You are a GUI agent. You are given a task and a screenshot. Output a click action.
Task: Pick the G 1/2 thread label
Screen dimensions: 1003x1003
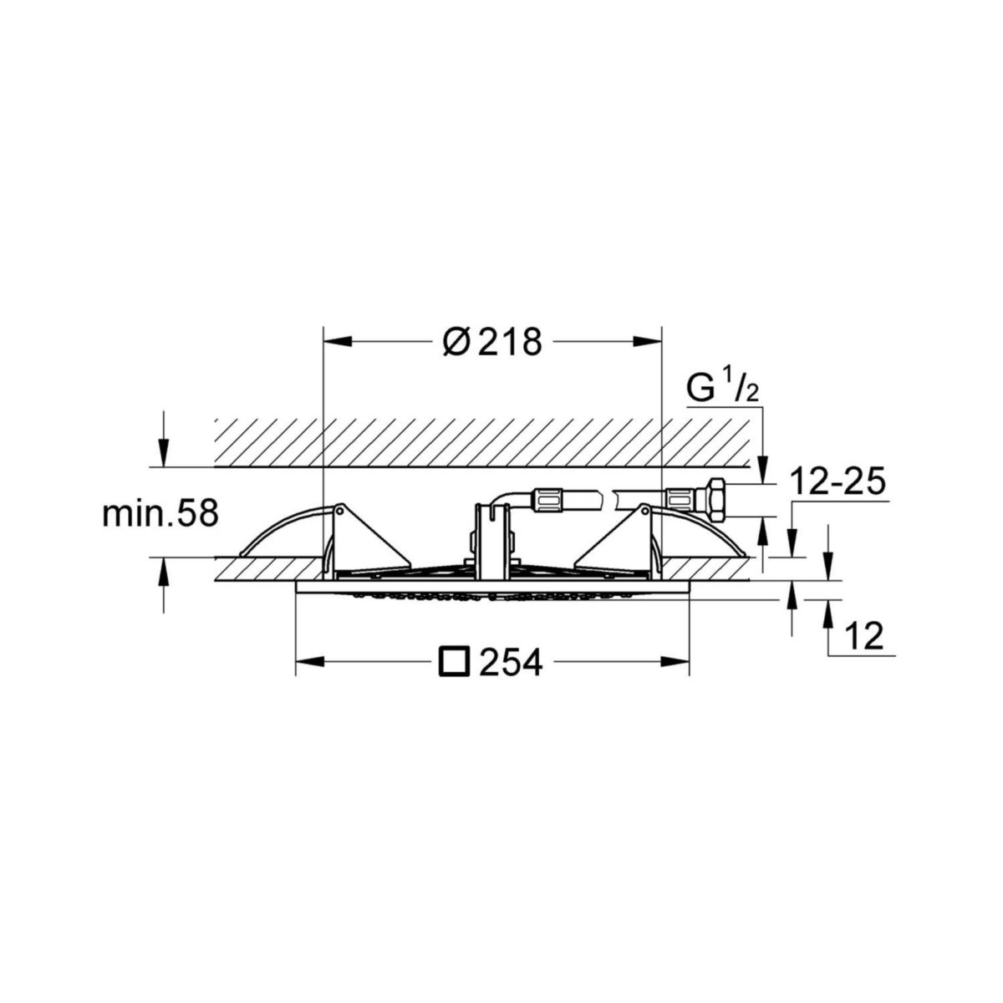click(x=722, y=389)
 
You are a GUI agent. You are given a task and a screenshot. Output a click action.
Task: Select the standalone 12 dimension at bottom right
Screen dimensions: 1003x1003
click(x=864, y=639)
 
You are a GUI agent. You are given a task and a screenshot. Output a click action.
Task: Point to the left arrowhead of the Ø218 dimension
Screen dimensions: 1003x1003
click(x=335, y=341)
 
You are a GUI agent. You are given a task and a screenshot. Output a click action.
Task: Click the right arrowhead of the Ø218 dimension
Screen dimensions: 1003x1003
click(x=649, y=341)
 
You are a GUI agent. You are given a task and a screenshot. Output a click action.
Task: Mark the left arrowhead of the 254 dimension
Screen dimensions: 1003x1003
click(x=308, y=663)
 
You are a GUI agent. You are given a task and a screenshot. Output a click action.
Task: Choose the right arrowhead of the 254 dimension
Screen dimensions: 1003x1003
click(x=676, y=663)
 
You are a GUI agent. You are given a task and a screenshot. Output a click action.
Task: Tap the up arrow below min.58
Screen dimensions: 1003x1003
click(x=164, y=571)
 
